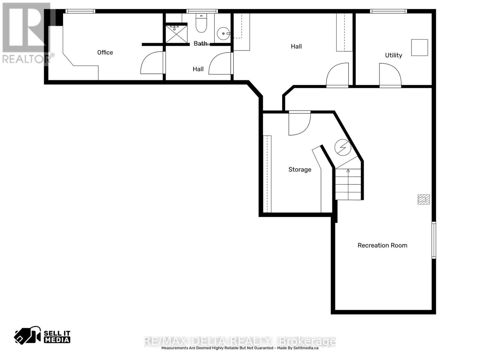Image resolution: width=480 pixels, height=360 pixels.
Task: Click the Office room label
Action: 105,52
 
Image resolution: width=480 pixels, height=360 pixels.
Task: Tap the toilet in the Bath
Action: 201,24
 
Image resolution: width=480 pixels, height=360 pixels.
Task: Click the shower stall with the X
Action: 177,34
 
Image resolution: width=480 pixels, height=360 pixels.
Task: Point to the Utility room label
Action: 393,55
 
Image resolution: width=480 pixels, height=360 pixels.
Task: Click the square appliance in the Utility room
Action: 419,47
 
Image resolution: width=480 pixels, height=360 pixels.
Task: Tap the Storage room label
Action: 300,169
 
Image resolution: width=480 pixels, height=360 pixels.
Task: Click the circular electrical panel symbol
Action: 343,147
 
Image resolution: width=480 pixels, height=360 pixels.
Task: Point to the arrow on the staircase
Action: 348,171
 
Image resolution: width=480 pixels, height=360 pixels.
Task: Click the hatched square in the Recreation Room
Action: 424,199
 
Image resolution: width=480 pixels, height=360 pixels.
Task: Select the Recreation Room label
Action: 382,245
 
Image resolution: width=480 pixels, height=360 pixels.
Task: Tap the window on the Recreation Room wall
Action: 434,240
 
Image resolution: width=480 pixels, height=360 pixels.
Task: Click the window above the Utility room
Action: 388,11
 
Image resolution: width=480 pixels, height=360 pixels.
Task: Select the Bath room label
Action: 200,44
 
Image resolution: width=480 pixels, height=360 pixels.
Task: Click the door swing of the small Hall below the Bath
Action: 220,64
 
